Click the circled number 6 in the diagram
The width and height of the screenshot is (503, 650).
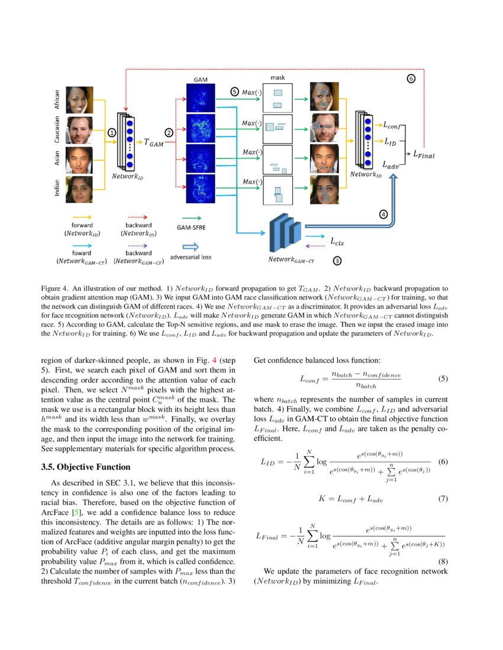(411, 78)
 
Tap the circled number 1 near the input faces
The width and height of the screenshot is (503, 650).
(111, 133)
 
